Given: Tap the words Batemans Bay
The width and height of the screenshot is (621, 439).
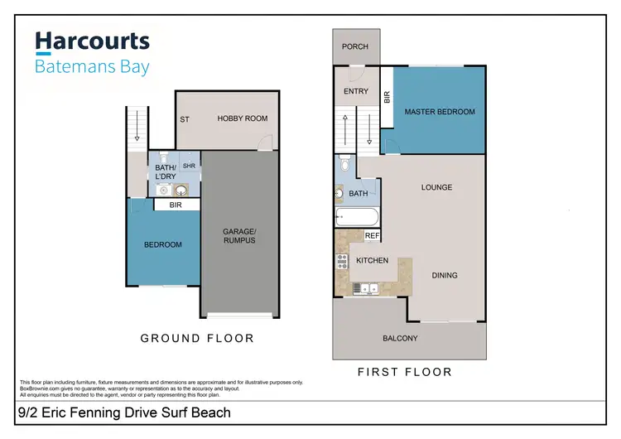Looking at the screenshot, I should pyautogui.click(x=91, y=66).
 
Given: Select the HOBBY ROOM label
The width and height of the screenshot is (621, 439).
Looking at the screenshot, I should pyautogui.click(x=243, y=118).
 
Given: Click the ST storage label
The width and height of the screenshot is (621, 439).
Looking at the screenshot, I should pyautogui.click(x=185, y=119).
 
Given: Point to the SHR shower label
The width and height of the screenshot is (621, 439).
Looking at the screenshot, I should pyautogui.click(x=189, y=166).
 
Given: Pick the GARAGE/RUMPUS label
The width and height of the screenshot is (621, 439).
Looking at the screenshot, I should pyautogui.click(x=238, y=235).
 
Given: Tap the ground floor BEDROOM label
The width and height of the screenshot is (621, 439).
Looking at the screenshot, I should pyautogui.click(x=162, y=244).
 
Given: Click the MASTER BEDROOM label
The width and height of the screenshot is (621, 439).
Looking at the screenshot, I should pyautogui.click(x=440, y=112).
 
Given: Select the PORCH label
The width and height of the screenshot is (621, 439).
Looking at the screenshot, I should pyautogui.click(x=355, y=46).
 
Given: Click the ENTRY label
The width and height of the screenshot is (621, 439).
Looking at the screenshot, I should pyautogui.click(x=355, y=91).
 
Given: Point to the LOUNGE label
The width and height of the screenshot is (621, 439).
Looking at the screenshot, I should pyautogui.click(x=436, y=187).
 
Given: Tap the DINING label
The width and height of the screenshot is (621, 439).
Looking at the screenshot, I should pyautogui.click(x=444, y=275).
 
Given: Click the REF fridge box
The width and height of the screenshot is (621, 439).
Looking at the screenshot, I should pyautogui.click(x=372, y=236).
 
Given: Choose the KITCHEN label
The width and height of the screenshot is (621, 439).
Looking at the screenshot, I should pyautogui.click(x=372, y=260).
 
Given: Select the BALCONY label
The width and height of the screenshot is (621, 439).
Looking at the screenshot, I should pyautogui.click(x=400, y=338).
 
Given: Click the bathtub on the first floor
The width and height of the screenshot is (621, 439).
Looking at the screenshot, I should pyautogui.click(x=357, y=218).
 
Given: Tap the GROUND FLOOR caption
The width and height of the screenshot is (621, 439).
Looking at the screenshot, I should pyautogui.click(x=197, y=338).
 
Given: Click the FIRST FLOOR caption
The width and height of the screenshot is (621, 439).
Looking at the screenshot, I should pyautogui.click(x=405, y=372).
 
